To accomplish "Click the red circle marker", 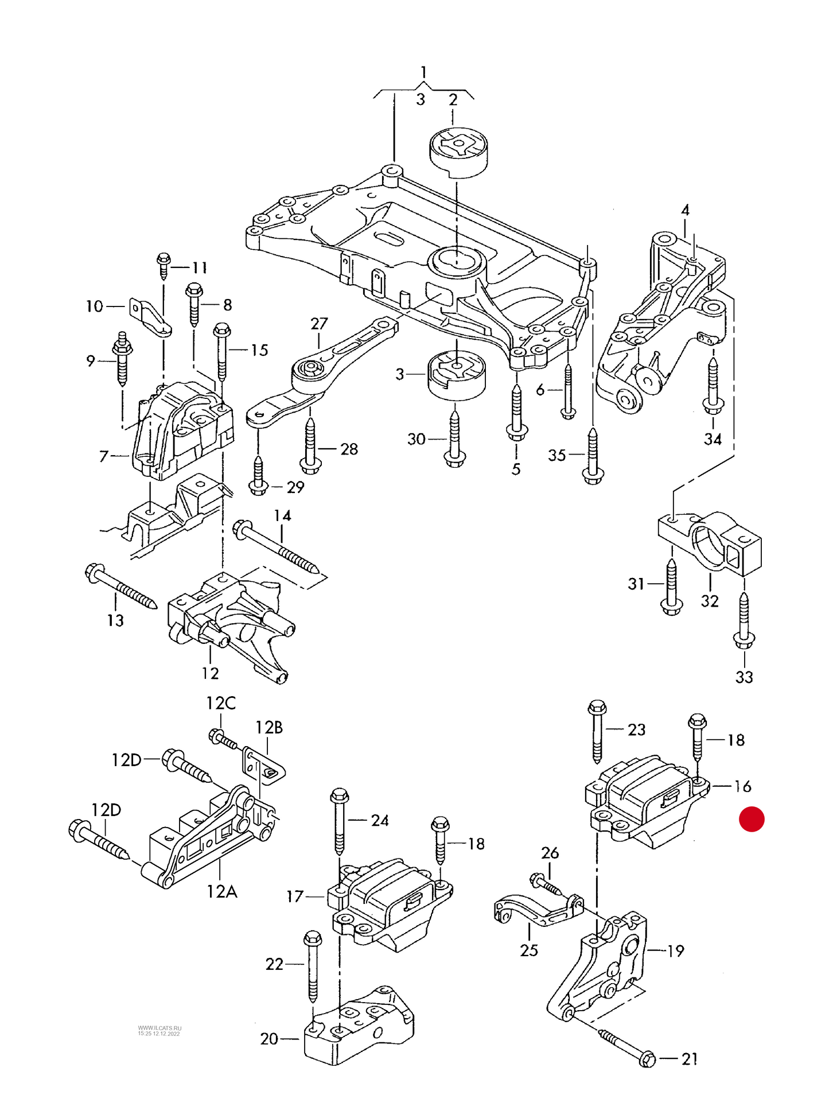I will tap(751, 818).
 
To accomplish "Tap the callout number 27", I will tap(319, 324).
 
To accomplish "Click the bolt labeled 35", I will tap(593, 456).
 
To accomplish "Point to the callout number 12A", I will tap(221, 891).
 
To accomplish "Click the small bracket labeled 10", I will tap(150, 317).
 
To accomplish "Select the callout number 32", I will tap(710, 601).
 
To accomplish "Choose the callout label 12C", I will tap(221, 703).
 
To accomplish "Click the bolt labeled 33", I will tap(744, 623).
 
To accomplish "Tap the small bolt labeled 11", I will tap(164, 266).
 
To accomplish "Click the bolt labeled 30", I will tap(455, 439).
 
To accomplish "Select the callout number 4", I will tap(685, 211).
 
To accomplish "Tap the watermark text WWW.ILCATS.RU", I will tap(159, 1028).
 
